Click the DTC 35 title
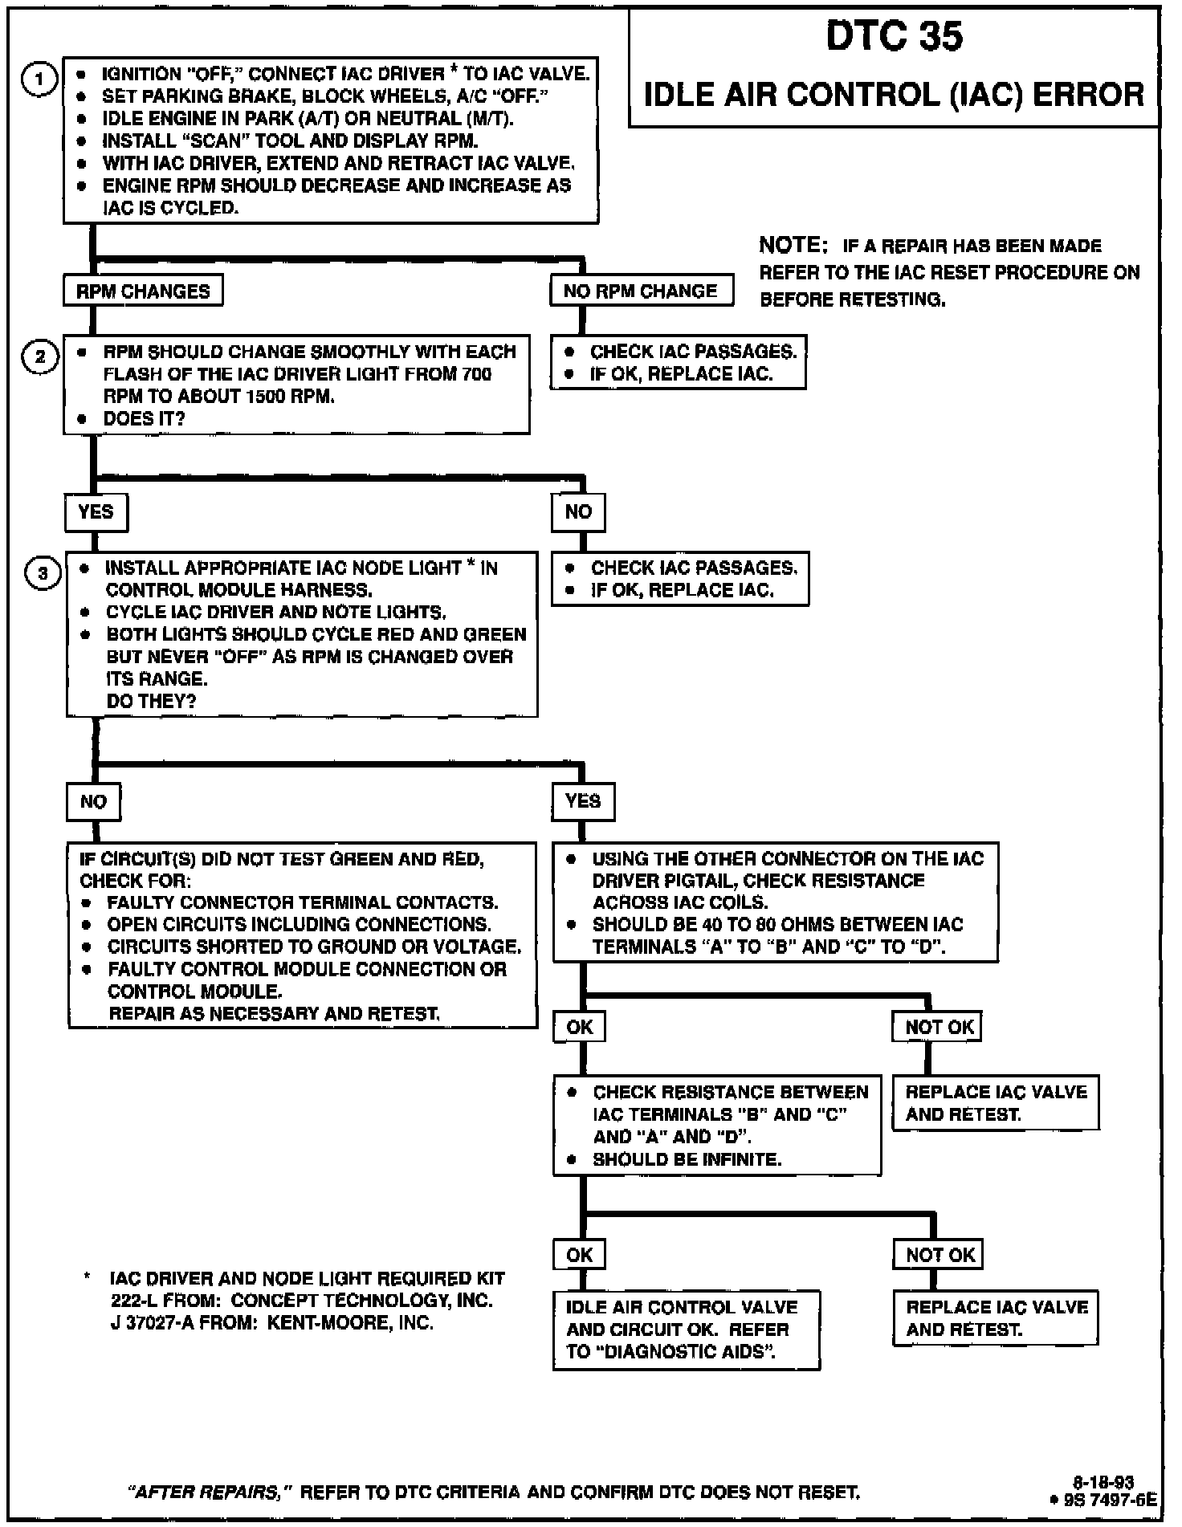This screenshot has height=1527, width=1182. (894, 38)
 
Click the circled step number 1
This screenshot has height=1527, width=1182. (38, 79)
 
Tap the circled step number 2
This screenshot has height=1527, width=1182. (40, 356)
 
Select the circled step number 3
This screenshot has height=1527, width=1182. (43, 573)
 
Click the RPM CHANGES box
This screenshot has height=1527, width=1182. (143, 291)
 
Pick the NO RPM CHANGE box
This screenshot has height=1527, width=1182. (641, 291)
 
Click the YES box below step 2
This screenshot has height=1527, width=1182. (96, 511)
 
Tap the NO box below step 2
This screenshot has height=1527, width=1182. (578, 511)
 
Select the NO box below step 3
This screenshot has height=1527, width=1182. (93, 801)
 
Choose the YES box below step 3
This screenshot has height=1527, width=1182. (583, 801)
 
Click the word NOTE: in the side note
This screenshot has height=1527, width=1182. (793, 244)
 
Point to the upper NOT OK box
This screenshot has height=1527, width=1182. (938, 1027)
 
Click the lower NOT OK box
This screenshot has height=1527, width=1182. (939, 1255)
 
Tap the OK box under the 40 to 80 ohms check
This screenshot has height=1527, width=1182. (579, 1027)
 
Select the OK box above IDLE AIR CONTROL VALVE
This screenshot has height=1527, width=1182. (579, 1255)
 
